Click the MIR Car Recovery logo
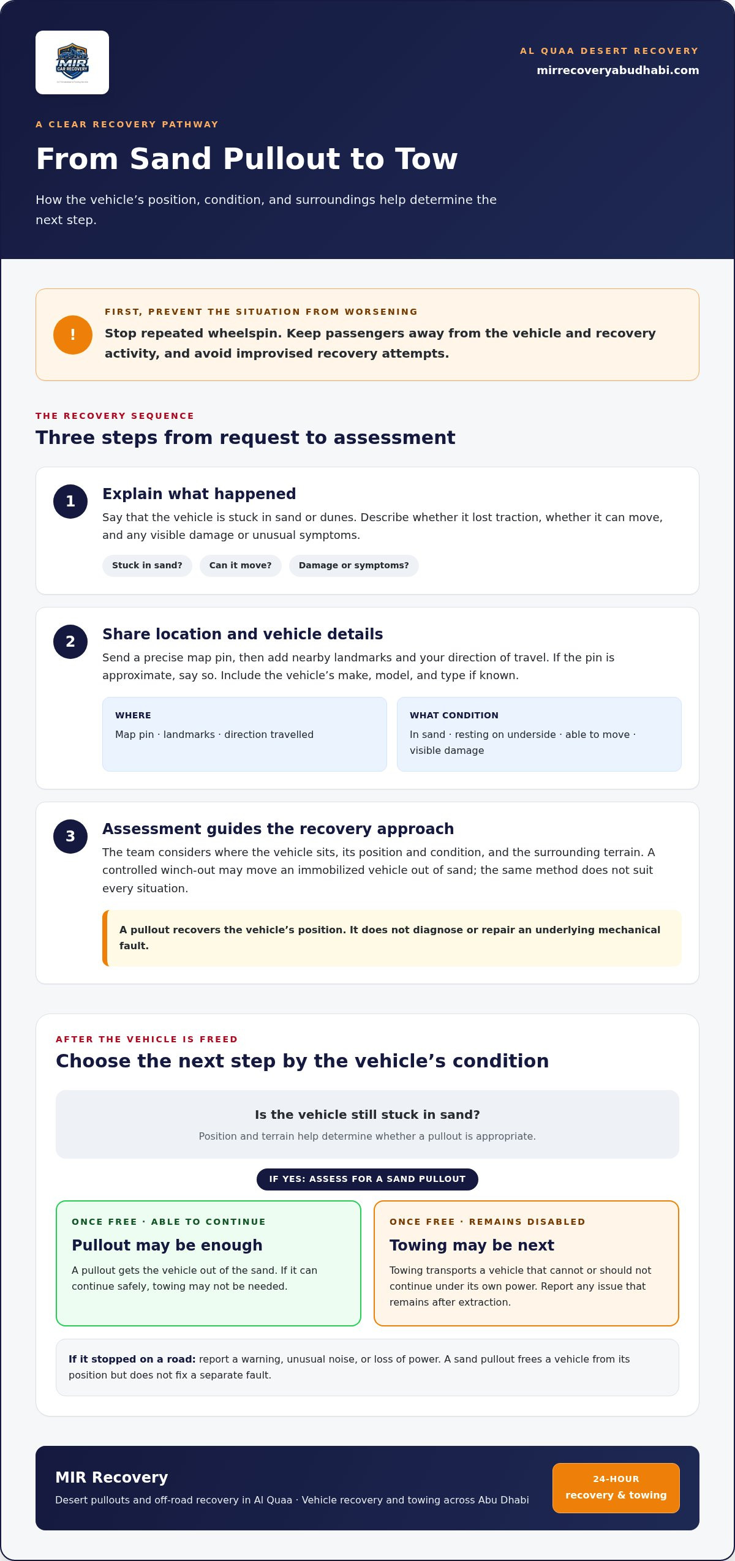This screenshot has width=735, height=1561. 72,62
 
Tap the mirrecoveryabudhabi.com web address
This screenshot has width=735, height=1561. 618,70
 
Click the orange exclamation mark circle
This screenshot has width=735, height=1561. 73,335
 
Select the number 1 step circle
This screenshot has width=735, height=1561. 70,502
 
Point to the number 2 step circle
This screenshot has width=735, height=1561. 70,642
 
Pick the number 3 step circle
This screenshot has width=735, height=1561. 70,837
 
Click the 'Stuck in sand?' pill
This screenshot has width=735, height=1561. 147,566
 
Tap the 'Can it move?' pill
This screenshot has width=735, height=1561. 241,566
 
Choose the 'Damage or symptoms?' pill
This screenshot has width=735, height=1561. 354,566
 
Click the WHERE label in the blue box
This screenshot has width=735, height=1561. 133,715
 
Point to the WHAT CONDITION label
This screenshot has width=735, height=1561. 454,715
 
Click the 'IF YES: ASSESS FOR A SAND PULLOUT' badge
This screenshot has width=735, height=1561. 367,1179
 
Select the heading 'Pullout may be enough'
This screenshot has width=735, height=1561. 167,1246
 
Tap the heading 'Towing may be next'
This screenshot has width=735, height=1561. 472,1246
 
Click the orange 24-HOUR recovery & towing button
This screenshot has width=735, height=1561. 616,1488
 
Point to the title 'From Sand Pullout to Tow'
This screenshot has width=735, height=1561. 247,159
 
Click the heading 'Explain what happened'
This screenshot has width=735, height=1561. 199,494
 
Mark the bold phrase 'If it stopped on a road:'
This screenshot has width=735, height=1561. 132,1360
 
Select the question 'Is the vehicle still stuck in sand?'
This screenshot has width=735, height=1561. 367,1115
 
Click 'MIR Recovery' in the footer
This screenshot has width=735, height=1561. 111,1478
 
